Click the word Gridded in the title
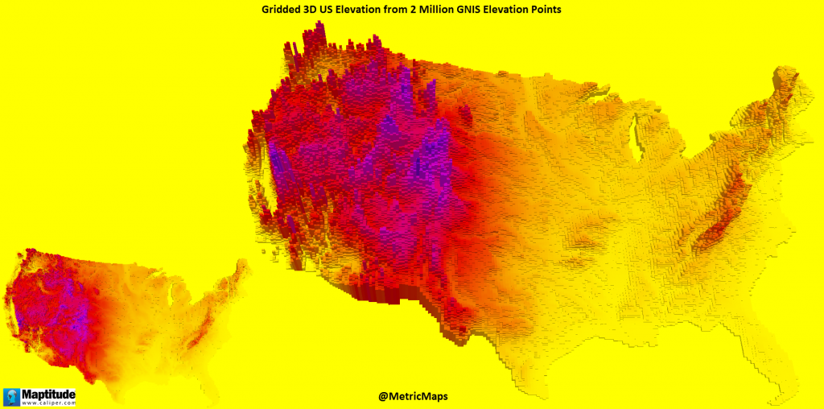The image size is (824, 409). (282, 9)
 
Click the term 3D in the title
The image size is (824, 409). (314, 9)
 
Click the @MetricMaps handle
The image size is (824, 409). (411, 396)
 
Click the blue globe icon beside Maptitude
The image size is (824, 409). (12, 397)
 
